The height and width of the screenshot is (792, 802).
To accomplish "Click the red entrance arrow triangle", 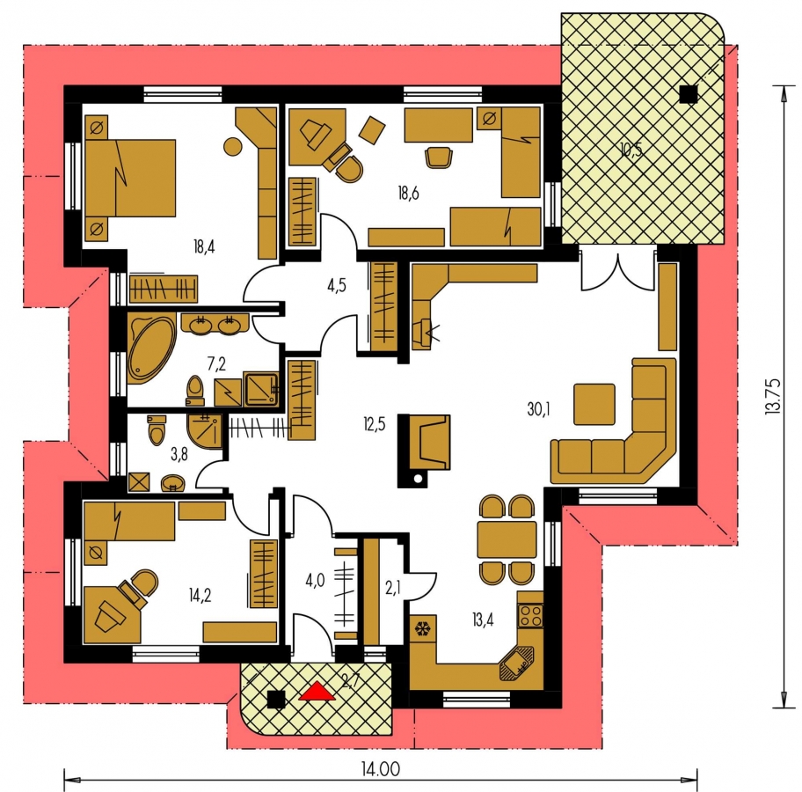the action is [317, 691].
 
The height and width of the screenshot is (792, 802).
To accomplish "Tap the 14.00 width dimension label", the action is [381, 769].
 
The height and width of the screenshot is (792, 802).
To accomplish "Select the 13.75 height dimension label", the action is [773, 396].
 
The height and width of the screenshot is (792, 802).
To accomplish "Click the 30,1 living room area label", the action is [538, 409].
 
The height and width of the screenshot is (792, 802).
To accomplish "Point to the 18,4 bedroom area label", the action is [204, 246].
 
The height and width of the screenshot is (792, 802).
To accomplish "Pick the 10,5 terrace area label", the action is [631, 150].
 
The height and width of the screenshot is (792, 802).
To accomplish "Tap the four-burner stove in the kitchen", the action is [530, 616].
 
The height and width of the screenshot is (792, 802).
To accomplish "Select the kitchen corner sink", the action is [516, 663].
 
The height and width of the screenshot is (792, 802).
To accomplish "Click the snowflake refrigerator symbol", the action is [423, 628].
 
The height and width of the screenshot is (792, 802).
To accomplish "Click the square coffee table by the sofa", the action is [594, 405].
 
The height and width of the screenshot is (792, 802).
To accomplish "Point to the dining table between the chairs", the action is [507, 539].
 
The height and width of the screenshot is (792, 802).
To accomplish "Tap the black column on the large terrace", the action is [689, 94].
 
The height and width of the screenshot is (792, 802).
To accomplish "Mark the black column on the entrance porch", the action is [276, 700].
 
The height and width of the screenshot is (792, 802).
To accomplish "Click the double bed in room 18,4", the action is [130, 178].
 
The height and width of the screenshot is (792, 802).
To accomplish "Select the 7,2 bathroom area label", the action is [216, 364].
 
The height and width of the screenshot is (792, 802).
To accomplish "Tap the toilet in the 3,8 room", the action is [157, 429].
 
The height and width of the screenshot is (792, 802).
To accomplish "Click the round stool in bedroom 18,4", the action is [233, 146].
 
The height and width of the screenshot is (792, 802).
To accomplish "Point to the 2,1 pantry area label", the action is [393, 588].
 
